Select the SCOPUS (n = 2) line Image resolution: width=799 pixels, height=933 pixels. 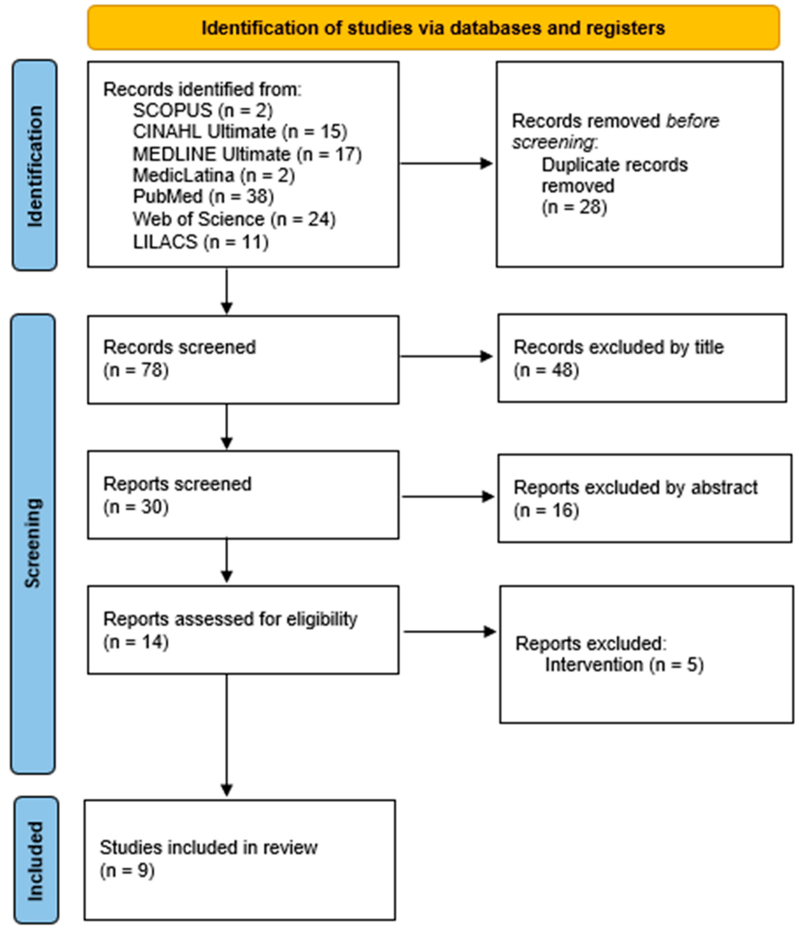(x=203, y=110)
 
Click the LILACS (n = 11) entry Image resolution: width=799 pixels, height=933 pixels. (x=200, y=242)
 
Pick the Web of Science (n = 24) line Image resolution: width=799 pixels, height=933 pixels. (x=234, y=219)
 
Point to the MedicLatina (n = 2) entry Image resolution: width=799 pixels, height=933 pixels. (x=213, y=175)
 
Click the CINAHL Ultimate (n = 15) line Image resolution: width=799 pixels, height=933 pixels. (x=240, y=131)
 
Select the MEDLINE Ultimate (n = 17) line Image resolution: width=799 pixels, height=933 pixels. (x=247, y=154)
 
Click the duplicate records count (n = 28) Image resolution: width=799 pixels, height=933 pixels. (x=574, y=207)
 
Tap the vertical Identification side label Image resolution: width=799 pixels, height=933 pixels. (x=35, y=166)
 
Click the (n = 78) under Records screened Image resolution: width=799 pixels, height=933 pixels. (x=136, y=370)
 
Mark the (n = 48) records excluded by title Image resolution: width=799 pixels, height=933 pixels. (x=546, y=370)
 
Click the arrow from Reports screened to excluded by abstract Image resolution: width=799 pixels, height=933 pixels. (x=447, y=497)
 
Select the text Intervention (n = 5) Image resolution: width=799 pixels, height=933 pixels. (x=624, y=665)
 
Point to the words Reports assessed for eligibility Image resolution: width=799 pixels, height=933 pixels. (x=230, y=619)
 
